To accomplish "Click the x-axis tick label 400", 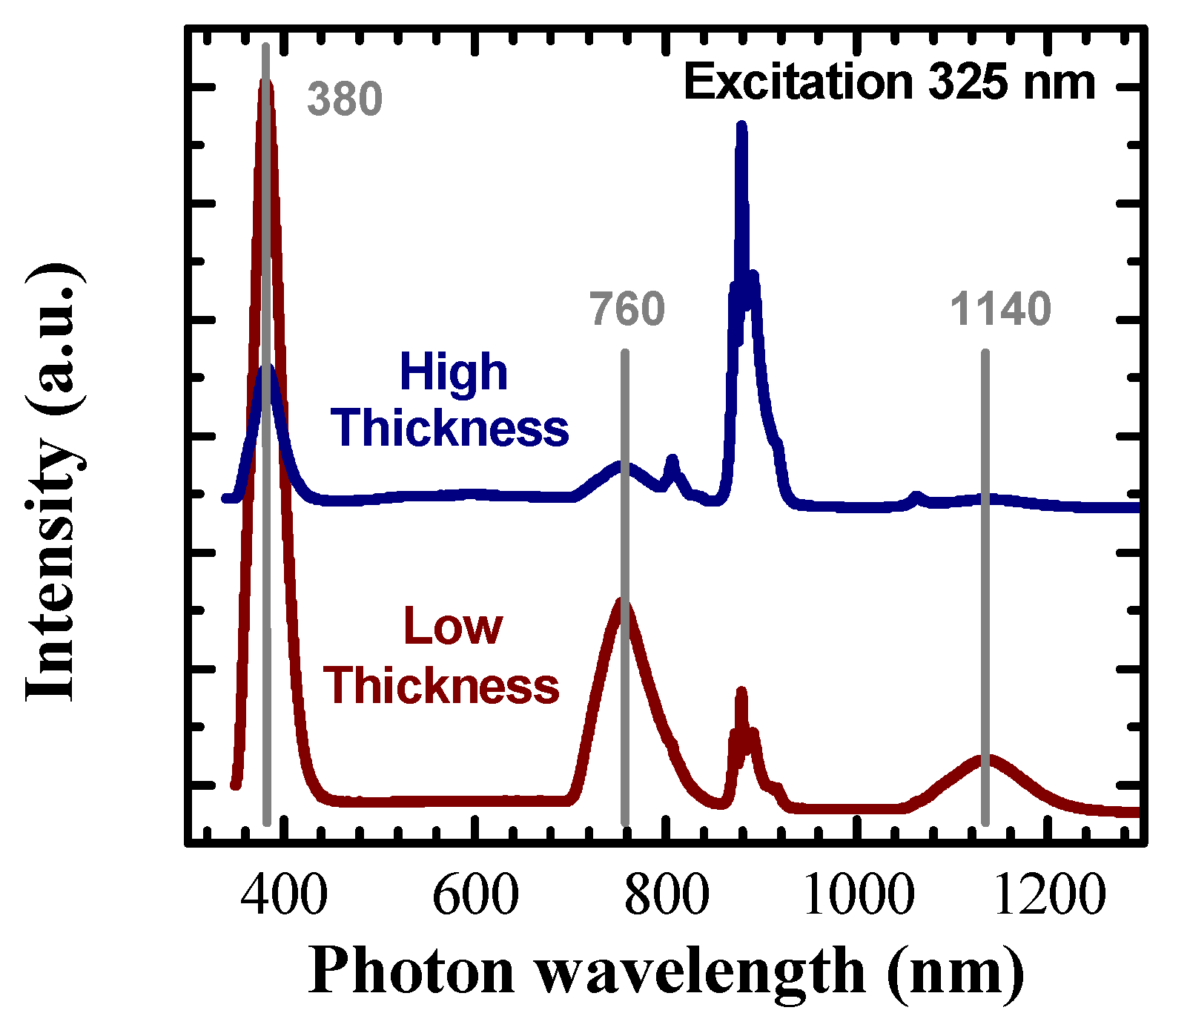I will tap(283, 895).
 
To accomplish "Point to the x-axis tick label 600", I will tap(475, 895).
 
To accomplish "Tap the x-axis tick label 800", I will tap(667, 895).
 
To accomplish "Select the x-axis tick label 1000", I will tap(858, 895).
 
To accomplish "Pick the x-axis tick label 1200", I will tap(1049, 895).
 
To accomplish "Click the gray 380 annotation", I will tap(345, 99).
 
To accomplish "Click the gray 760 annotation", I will tap(627, 309).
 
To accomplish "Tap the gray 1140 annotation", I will tap(1000, 309).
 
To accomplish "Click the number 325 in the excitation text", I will tap(968, 82).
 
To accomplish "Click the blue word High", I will tap(453, 372).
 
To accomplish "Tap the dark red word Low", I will tap(453, 627).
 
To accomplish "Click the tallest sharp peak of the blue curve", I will tap(741, 128).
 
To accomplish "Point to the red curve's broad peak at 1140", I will tap(985, 759).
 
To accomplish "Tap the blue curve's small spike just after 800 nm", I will tap(672, 461).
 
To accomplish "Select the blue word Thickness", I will tap(450, 429).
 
